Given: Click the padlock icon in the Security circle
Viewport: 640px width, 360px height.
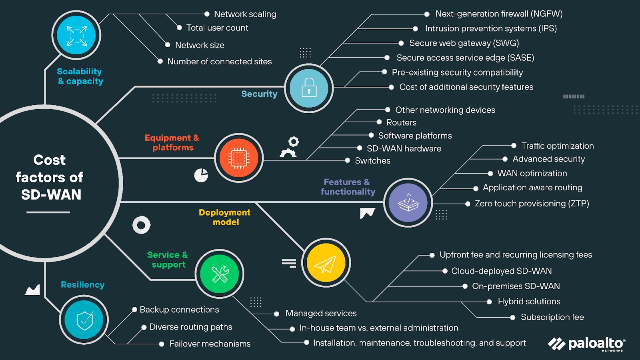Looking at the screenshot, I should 309,88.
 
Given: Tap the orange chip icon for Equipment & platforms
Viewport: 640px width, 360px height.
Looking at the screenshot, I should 239,158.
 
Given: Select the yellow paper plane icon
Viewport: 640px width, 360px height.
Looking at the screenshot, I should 326,263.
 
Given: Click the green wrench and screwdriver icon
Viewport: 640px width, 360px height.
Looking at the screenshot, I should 220,274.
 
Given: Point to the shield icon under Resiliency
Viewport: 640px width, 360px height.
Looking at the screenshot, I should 84,320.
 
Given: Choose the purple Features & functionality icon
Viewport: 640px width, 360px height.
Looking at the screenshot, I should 408,203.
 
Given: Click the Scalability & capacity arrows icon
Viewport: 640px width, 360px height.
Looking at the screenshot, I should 76,36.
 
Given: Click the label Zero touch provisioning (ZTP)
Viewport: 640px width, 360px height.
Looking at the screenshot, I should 532,204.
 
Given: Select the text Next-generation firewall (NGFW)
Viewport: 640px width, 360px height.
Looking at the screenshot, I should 499,14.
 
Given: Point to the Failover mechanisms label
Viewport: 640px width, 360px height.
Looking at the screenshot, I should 210,344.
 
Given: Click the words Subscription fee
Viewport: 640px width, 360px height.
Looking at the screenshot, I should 552,317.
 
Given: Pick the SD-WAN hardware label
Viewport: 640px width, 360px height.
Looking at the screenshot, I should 404,148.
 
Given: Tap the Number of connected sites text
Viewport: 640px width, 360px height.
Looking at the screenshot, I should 219,62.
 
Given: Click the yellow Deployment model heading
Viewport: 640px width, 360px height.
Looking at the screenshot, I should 225,217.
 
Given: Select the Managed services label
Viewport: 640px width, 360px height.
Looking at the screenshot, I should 321,314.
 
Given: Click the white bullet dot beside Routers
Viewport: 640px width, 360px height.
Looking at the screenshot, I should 379,122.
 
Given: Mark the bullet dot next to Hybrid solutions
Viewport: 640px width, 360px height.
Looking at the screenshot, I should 489,302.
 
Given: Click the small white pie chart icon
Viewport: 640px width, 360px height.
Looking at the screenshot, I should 201,175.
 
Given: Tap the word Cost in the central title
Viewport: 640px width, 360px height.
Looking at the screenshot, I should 49,160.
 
